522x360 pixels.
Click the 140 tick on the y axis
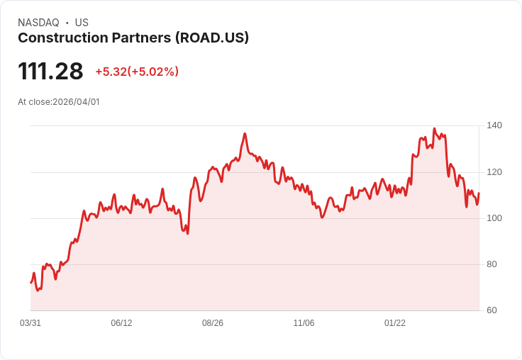(494, 125)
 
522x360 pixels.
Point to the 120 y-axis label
(494, 172)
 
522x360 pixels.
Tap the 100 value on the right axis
(494, 218)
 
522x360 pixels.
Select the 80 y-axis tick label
(492, 264)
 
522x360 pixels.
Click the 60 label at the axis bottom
(492, 310)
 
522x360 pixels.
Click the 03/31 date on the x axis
(30, 323)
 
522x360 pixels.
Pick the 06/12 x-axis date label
(121, 323)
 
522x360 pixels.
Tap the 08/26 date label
(213, 323)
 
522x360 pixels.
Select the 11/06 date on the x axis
(304, 323)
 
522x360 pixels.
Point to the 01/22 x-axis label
(395, 323)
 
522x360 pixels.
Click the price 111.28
(50, 72)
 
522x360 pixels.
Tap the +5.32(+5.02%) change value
(137, 72)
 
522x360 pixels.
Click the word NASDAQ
(38, 23)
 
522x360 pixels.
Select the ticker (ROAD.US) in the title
(211, 38)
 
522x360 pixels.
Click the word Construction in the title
(56, 38)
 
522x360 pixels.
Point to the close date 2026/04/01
(76, 102)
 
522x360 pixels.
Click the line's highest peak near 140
(434, 129)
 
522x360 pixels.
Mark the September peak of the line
(245, 133)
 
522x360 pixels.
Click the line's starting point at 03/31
(30, 283)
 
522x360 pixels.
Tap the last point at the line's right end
(479, 193)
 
